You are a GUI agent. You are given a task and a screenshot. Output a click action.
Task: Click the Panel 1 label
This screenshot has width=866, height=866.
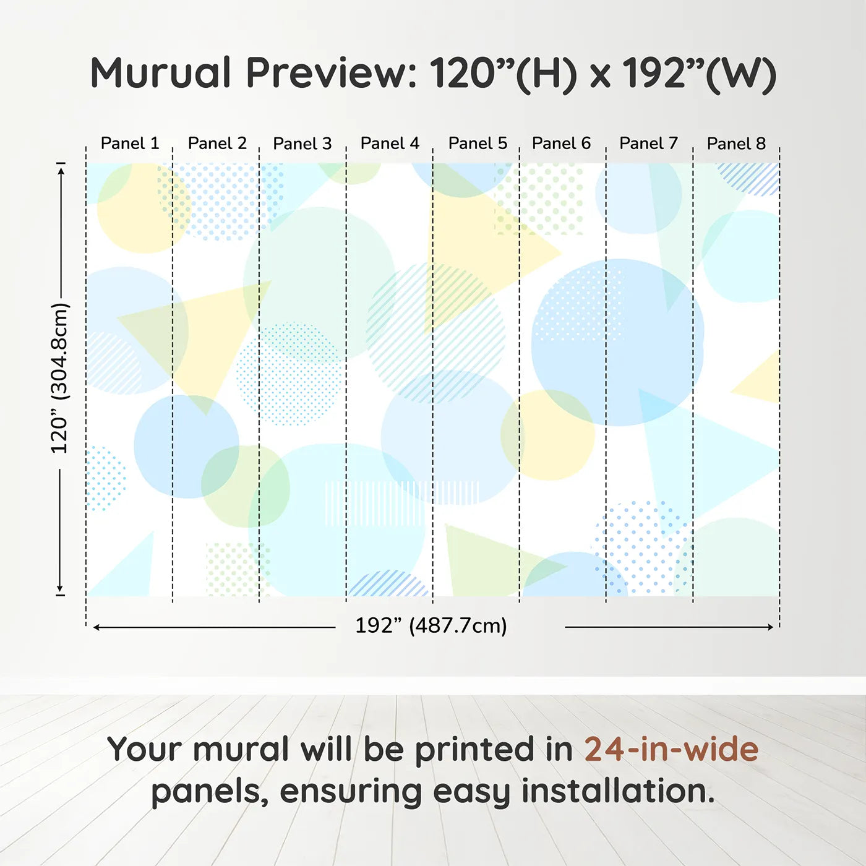click(x=130, y=144)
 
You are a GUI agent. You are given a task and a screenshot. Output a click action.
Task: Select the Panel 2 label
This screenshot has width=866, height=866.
click(x=217, y=144)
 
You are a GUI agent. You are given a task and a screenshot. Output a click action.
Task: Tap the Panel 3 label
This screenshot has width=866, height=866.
click(x=302, y=144)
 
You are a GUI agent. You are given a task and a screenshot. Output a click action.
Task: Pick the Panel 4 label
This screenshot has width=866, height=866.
click(x=390, y=144)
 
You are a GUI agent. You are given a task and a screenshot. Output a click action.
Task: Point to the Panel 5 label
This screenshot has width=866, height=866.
click(x=478, y=144)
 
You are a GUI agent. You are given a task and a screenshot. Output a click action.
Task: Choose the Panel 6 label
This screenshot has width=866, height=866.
click(x=561, y=144)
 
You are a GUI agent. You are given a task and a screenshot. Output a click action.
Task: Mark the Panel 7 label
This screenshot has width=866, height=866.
click(x=649, y=144)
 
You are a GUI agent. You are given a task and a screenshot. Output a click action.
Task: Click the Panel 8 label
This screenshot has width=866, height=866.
click(x=736, y=144)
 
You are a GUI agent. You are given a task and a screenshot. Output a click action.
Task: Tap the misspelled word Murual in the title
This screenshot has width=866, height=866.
click(x=161, y=73)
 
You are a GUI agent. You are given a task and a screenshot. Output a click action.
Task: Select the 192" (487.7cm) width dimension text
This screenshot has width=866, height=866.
click(x=431, y=626)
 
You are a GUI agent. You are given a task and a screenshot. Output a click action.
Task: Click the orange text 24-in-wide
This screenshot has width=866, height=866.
click(x=671, y=749)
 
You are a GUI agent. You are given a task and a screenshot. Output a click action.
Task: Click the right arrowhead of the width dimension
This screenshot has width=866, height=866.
click(x=770, y=627)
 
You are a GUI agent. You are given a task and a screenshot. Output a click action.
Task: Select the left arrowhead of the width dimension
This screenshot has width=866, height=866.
click(x=96, y=627)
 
